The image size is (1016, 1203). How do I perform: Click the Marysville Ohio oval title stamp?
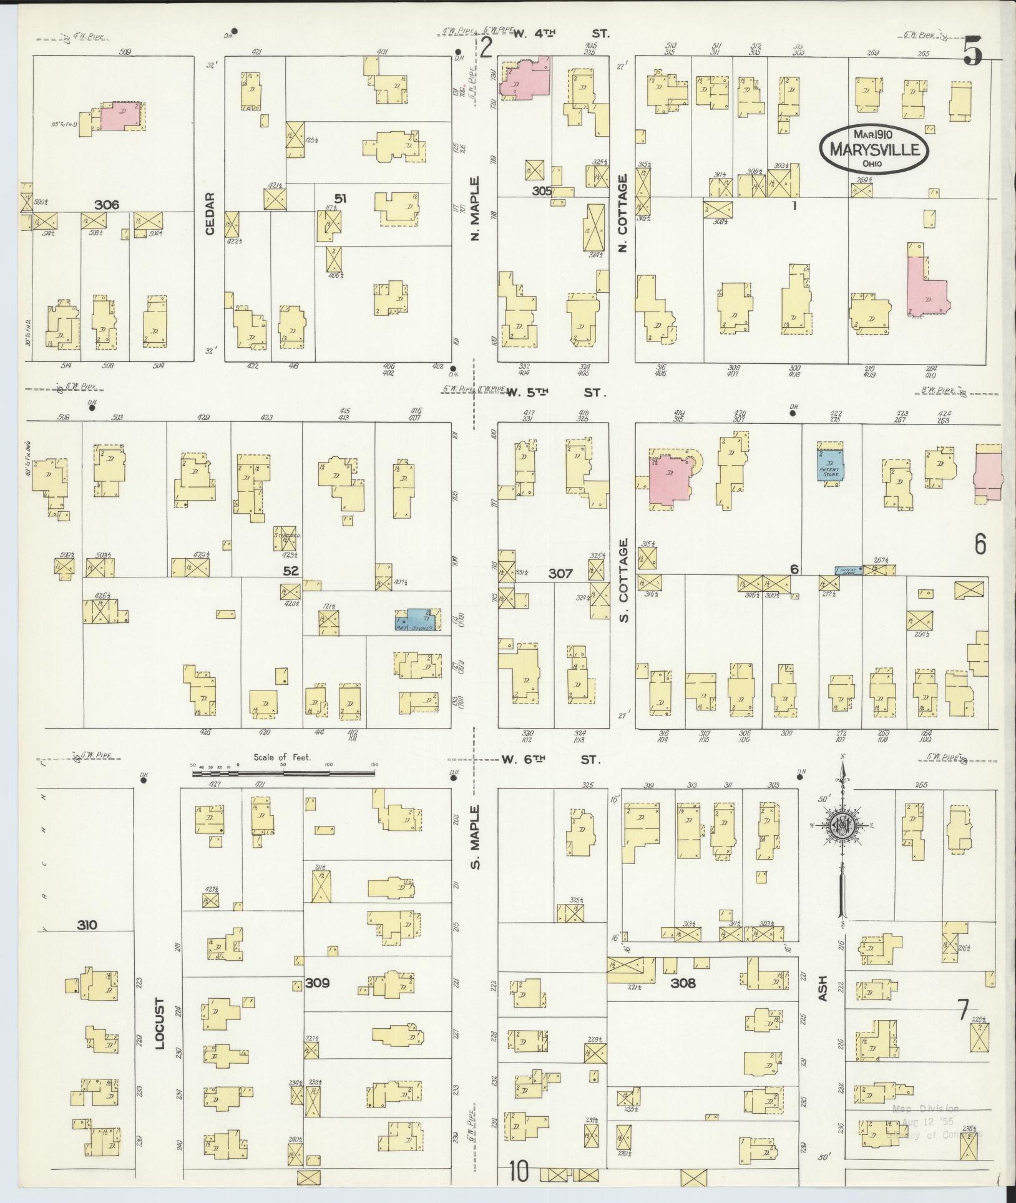(x=874, y=149)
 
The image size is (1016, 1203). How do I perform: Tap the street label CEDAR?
(x=210, y=214)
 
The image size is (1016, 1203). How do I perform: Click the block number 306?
(x=107, y=204)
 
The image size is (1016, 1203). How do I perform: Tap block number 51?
(x=339, y=199)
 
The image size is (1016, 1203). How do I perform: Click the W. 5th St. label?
(x=555, y=393)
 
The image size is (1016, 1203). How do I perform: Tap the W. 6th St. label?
(x=550, y=760)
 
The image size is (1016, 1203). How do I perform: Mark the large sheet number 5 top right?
(x=972, y=51)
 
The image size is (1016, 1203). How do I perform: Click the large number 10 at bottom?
(x=519, y=1171)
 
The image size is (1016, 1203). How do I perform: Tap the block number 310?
(x=87, y=925)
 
